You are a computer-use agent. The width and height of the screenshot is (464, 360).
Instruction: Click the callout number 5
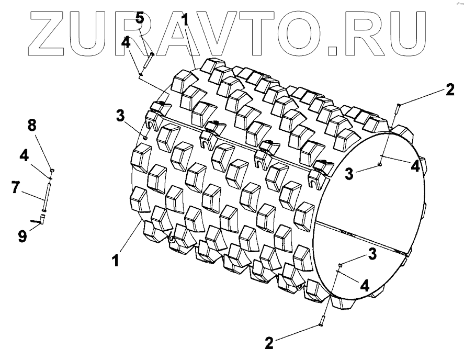(x=140, y=18)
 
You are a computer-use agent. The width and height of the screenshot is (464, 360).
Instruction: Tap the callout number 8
(x=32, y=125)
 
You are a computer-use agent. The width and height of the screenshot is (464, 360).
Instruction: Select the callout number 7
(x=16, y=187)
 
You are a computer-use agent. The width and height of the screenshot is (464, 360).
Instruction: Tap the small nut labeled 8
(x=52, y=170)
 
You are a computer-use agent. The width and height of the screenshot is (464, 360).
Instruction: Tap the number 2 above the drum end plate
(x=449, y=89)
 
